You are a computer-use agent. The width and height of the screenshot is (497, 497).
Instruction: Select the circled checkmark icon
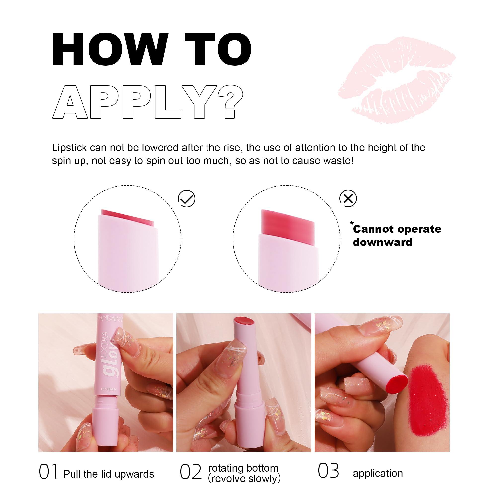pos(187,199)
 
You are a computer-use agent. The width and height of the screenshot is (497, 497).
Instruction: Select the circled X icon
pos(348,198)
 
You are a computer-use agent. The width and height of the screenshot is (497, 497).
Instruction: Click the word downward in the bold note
pos(382,242)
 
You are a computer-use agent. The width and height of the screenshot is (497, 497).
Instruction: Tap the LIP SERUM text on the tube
pos(108,389)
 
